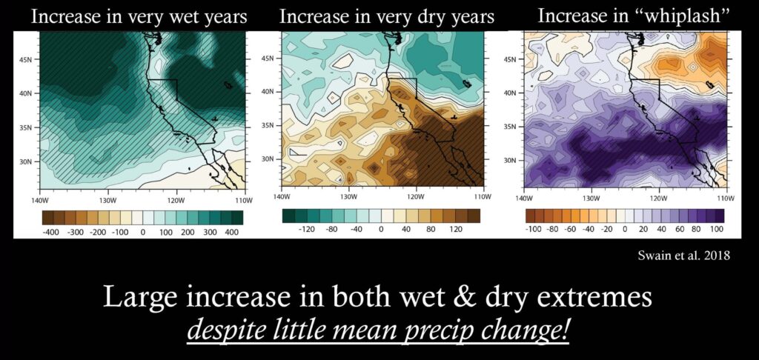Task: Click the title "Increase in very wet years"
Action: pos(139,17)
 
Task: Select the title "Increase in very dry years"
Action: pos(387,17)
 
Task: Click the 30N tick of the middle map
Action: pos(268,159)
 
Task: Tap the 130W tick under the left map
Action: pos(107,200)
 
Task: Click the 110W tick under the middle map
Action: pos(480,197)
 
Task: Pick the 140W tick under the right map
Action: pos(524,199)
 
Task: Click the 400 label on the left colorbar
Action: pos(232,233)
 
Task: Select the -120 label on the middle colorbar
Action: pos(307,229)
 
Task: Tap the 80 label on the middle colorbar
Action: pos(431,229)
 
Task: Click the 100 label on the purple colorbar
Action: pos(717,229)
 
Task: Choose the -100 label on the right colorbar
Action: pos(534,229)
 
